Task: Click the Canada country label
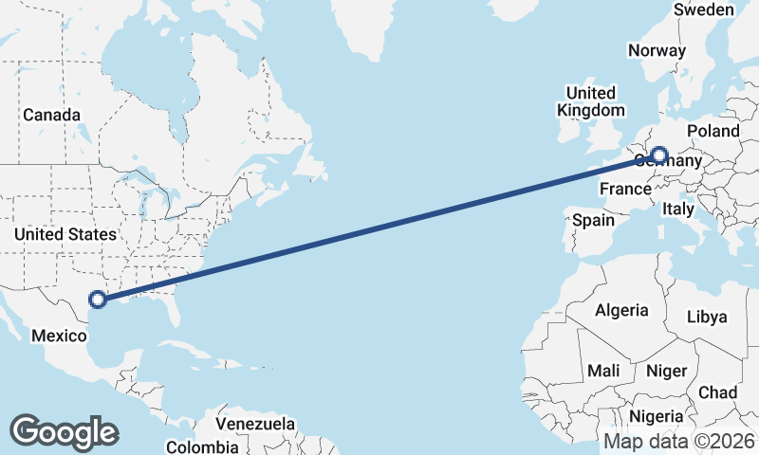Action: click(51, 115)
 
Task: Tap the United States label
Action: click(65, 234)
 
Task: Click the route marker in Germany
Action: click(659, 155)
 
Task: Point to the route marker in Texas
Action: click(96, 300)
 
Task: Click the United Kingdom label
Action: click(590, 101)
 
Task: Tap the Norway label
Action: click(657, 51)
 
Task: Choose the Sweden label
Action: click(703, 9)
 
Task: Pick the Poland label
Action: click(713, 131)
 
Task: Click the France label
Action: click(624, 190)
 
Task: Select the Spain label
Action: click(593, 220)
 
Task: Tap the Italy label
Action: click(678, 209)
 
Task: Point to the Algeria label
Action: click(621, 310)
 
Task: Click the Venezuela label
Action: click(255, 424)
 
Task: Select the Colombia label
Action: click(202, 446)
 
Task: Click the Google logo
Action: click(64, 432)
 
